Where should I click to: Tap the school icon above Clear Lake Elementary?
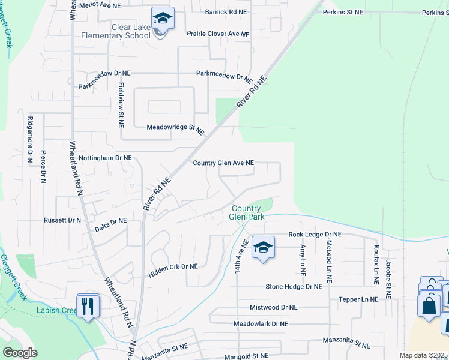pos(162,19)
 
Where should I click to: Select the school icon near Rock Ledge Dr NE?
pos(263,247)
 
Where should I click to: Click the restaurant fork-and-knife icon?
pos(88,307)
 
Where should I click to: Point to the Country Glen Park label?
pos(247,212)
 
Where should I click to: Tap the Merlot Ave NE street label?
pos(99,5)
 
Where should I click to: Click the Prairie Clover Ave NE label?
pos(217,34)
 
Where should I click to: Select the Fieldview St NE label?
pos(121,104)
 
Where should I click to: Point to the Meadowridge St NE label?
pos(175,129)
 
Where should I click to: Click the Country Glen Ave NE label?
pos(223,163)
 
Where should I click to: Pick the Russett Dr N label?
pos(62,220)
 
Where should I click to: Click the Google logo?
pos(20,352)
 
